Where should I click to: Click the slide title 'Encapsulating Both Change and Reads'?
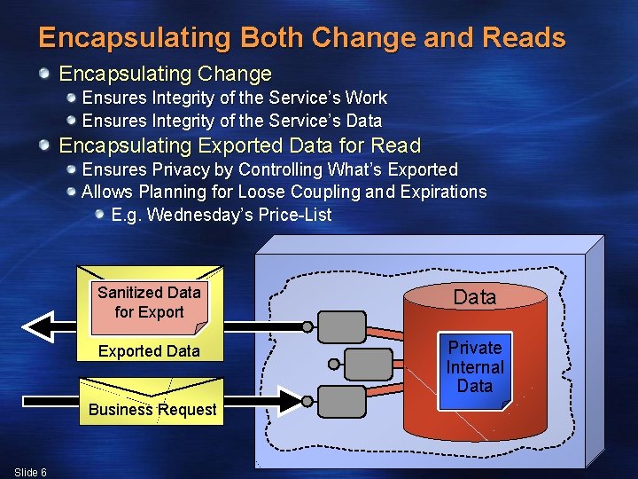pyautogui.click(x=301, y=38)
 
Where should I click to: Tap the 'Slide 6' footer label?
pyautogui.click(x=31, y=472)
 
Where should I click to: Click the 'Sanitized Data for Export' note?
pyautogui.click(x=149, y=302)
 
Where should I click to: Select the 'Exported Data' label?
pyautogui.click(x=149, y=351)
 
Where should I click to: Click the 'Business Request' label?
pyautogui.click(x=152, y=410)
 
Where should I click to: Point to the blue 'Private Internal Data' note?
pyautogui.click(x=475, y=367)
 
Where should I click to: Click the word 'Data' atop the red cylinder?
pyautogui.click(x=475, y=297)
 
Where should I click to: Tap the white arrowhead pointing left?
pyautogui.click(x=37, y=326)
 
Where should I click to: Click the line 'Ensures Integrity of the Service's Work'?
pyautogui.click(x=234, y=98)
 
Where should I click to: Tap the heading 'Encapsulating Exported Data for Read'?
pyautogui.click(x=239, y=145)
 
